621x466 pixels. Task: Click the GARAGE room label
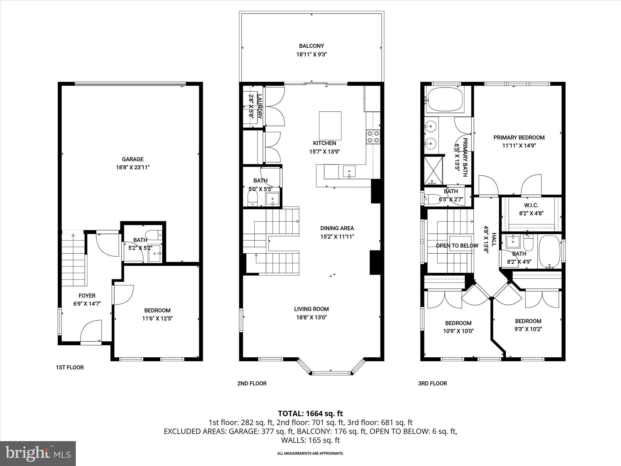coord(133,159)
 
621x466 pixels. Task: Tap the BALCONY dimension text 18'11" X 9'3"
coord(311,55)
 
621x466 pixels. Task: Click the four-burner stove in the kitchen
coord(373,136)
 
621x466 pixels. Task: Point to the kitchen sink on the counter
coord(349,171)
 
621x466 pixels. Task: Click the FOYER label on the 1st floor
coord(87,295)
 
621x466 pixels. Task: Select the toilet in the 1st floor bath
coord(154,234)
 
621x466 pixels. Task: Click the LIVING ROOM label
coord(311,309)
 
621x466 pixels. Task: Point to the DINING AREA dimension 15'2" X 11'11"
coord(337,237)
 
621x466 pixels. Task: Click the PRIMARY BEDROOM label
coord(519,137)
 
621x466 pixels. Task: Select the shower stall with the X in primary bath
coord(433,171)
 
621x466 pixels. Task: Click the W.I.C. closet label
coord(531,205)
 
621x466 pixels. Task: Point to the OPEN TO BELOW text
coord(457,246)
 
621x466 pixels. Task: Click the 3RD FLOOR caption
coord(432,383)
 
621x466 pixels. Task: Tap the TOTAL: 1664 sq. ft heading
coord(310,413)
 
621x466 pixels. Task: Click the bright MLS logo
coord(38,453)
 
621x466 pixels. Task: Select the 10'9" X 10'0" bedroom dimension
coord(458,331)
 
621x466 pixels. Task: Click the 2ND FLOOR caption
coord(252,383)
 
